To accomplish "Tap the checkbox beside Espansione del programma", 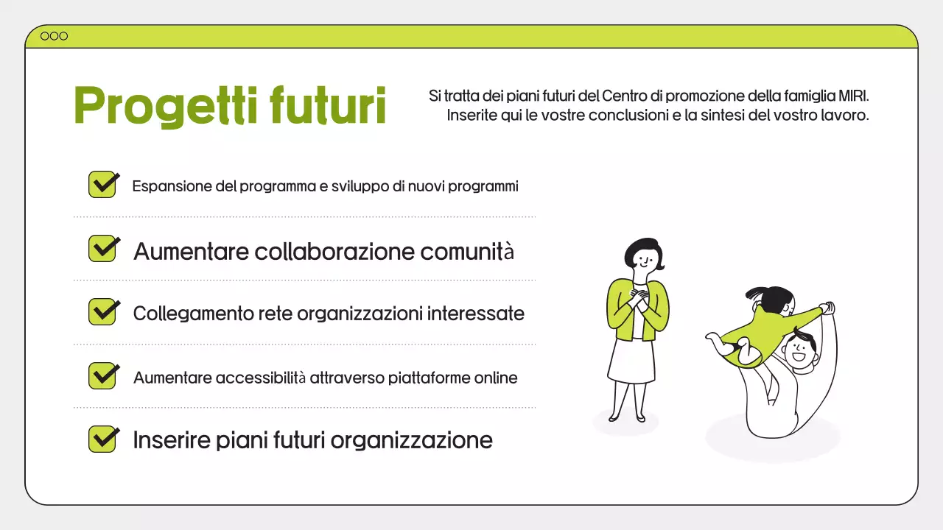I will tap(103, 184).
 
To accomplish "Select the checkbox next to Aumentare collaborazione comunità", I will tap(103, 248).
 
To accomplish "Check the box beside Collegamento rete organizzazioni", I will tap(103, 311).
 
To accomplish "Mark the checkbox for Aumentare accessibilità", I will tap(103, 375).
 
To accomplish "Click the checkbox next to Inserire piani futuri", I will tap(103, 439).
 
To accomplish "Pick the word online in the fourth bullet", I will tap(496, 378).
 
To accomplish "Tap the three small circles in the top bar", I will tap(54, 36).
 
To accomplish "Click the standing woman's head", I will tap(643, 255).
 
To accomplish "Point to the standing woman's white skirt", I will tap(632, 361).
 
